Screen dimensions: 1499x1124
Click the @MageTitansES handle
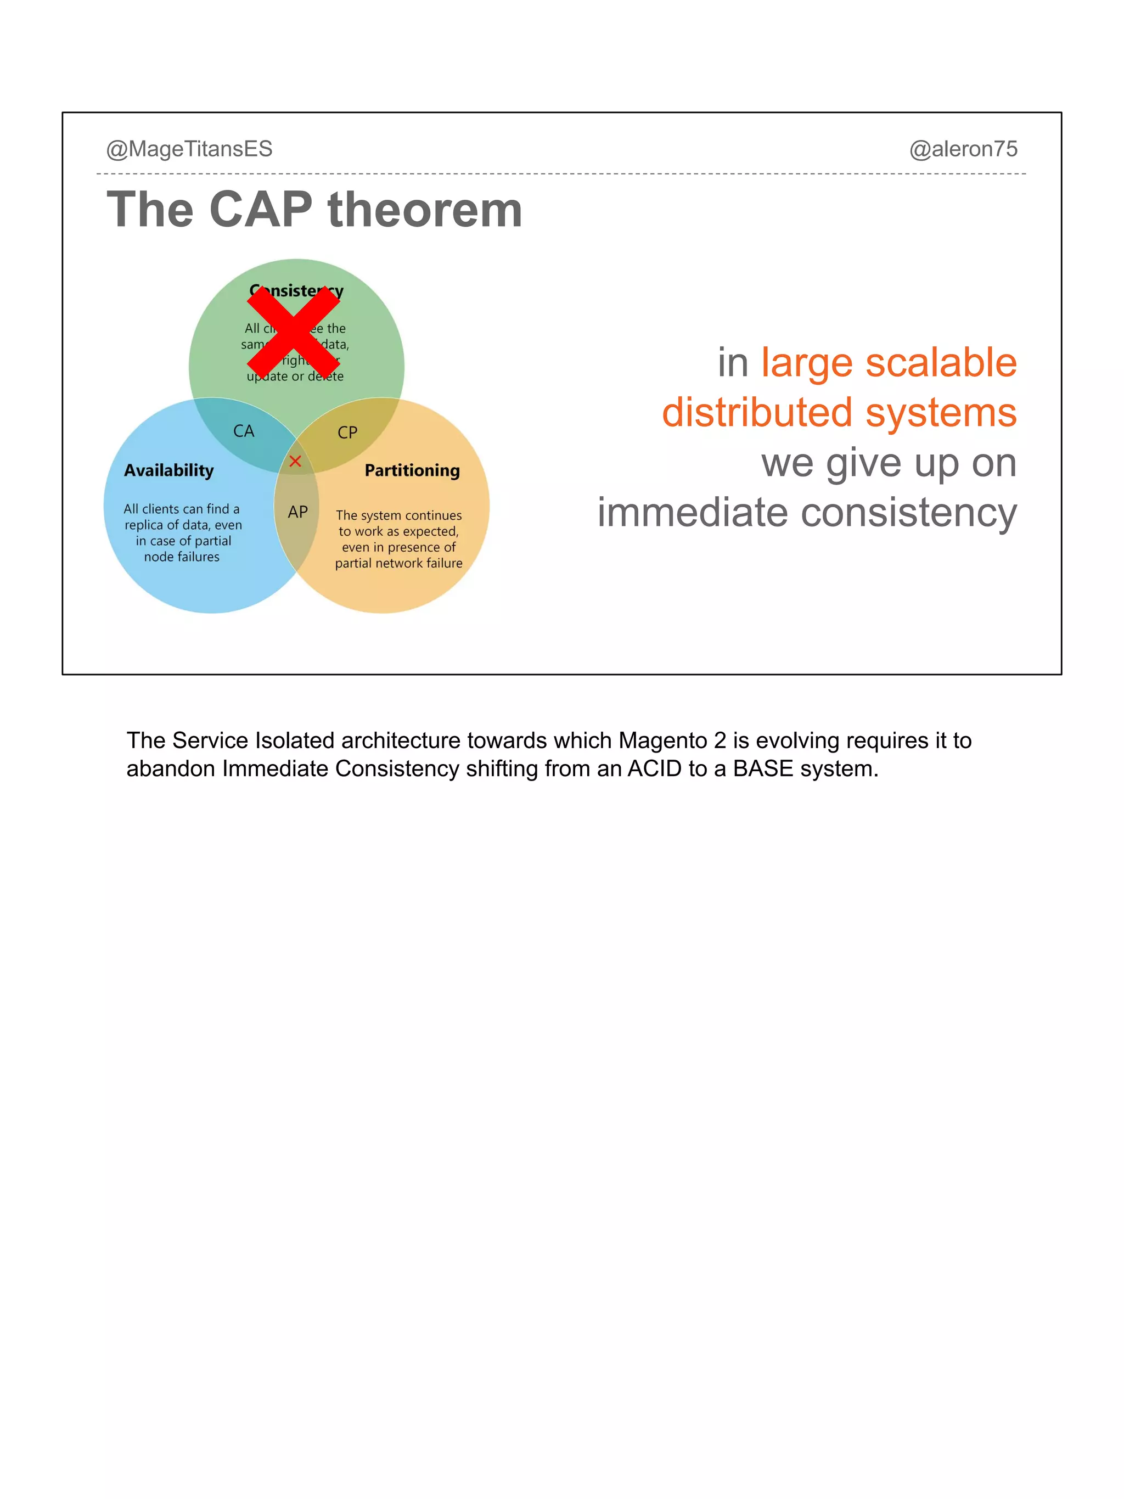pyautogui.click(x=189, y=149)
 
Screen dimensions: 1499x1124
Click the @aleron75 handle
pyautogui.click(x=963, y=149)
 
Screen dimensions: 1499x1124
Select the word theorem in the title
pyautogui.click(x=425, y=210)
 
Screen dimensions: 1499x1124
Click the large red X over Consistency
pyautogui.click(x=294, y=332)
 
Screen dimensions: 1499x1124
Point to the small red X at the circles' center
pyautogui.click(x=295, y=462)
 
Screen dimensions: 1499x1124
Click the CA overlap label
pyautogui.click(x=244, y=431)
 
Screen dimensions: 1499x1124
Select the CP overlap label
pyautogui.click(x=347, y=433)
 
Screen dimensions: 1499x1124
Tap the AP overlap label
pyautogui.click(x=297, y=512)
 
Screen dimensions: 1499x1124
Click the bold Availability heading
pyautogui.click(x=168, y=470)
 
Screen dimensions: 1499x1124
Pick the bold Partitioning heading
pyautogui.click(x=412, y=470)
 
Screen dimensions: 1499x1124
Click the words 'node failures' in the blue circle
pyautogui.click(x=182, y=557)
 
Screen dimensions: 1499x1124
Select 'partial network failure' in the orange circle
pyautogui.click(x=398, y=563)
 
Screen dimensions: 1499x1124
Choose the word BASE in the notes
pyautogui.click(x=763, y=768)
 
